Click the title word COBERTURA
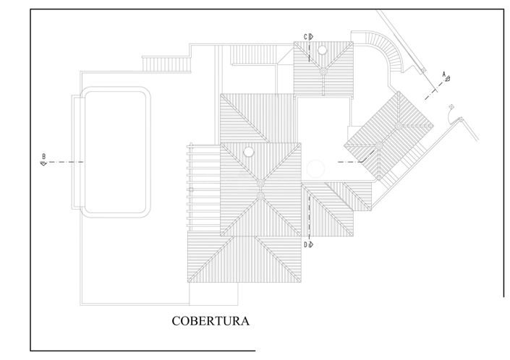point(211,321)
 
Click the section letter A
point(443,74)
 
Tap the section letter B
point(44,156)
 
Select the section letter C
point(305,37)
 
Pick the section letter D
point(305,244)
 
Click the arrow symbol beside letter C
point(310,37)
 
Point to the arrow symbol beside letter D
point(310,244)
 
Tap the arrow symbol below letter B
point(43,163)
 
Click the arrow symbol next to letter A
point(448,78)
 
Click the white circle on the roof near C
point(322,50)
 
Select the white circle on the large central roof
point(249,151)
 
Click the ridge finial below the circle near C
point(323,71)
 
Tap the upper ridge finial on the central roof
point(260,184)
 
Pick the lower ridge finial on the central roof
point(260,195)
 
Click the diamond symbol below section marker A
point(451,106)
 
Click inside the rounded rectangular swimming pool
point(115,152)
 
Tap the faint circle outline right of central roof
point(315,168)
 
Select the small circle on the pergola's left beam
point(191,189)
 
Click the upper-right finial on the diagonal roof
point(399,126)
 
